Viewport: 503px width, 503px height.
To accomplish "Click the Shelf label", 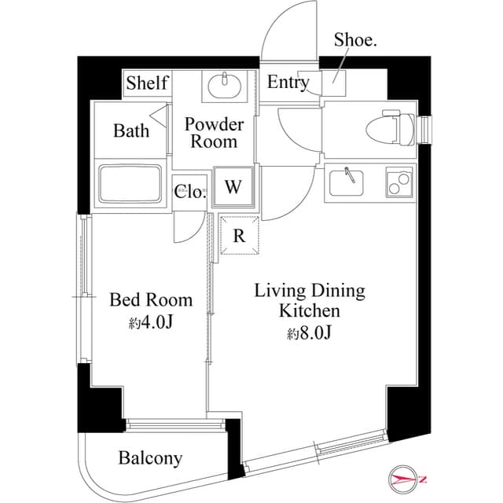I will pos(147,83).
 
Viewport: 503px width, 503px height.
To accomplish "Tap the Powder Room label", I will pos(214,133).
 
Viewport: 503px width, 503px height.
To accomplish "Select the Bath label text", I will pos(130,130).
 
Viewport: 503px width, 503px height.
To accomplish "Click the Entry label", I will pos(288,83).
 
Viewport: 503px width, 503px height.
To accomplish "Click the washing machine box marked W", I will pos(233,186).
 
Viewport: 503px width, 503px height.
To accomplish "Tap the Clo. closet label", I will pos(190,193).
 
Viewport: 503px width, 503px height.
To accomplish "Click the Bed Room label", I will pos(150,299).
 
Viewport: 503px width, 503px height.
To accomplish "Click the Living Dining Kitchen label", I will pos(309,300).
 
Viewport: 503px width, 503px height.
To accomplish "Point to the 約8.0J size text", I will pos(309,332).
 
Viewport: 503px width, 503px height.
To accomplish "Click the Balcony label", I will pos(150,457).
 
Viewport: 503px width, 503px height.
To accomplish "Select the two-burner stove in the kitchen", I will pos(398,182).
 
